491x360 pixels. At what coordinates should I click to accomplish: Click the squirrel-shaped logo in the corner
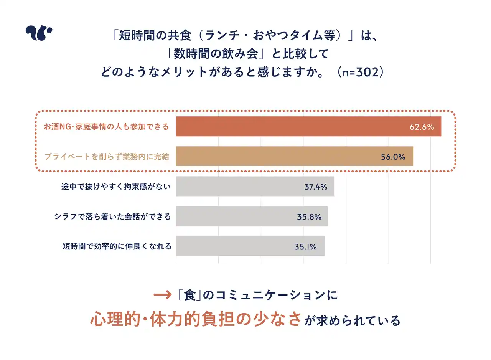[x=39, y=33]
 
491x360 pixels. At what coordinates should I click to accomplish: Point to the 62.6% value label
[x=422, y=127]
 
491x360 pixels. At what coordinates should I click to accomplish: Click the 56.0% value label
[x=393, y=157]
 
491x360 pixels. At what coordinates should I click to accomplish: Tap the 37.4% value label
[x=316, y=187]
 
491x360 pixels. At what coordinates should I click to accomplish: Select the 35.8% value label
[x=309, y=217]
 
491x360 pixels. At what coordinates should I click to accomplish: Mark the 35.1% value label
[x=306, y=247]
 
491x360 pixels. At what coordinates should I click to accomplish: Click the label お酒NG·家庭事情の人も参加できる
[x=106, y=127]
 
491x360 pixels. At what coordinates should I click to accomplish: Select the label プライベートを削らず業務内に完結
[x=106, y=157]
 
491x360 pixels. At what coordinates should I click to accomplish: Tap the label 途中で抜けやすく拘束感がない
[x=116, y=187]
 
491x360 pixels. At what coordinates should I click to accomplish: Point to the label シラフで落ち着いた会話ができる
[x=112, y=217]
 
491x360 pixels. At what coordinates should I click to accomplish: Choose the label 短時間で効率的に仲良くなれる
[x=117, y=246]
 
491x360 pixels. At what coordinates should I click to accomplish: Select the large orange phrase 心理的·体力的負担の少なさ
[x=195, y=319]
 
